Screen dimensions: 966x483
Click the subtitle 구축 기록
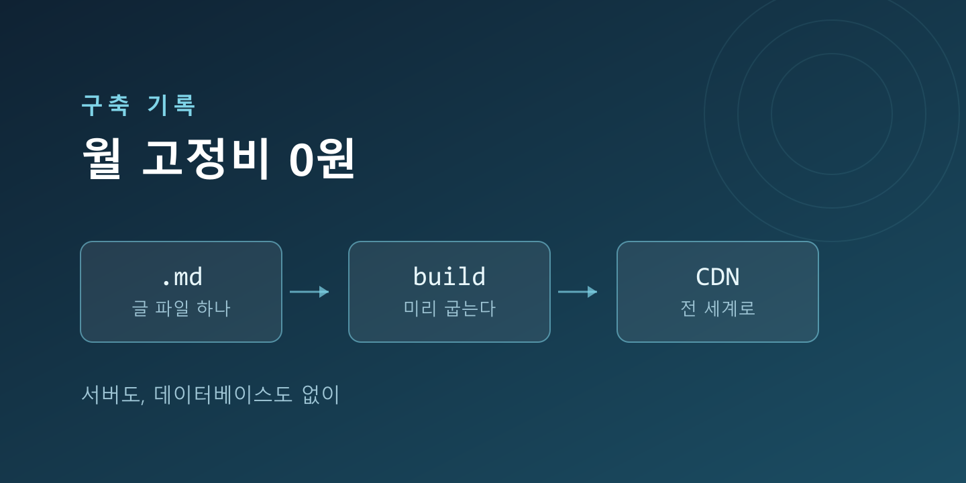click(138, 105)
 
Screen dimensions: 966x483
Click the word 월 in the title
click(102, 158)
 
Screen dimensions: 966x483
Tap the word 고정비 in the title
click(206, 158)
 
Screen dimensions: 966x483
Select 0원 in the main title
click(322, 158)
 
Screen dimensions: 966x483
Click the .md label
click(181, 277)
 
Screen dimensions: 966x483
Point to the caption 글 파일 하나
click(181, 309)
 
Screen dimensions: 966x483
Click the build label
click(449, 276)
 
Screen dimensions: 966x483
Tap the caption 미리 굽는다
click(449, 309)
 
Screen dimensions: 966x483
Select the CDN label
click(718, 277)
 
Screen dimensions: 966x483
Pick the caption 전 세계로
click(718, 309)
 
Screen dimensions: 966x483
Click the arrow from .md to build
click(309, 292)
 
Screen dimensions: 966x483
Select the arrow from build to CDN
click(578, 292)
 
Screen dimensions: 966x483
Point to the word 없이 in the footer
click(321, 394)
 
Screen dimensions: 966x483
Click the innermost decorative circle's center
click(831, 114)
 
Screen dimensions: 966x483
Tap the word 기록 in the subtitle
click(172, 105)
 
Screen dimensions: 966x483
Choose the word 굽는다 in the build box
click(470, 309)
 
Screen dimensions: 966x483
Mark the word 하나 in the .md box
click(213, 309)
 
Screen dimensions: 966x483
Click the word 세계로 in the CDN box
click(729, 309)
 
